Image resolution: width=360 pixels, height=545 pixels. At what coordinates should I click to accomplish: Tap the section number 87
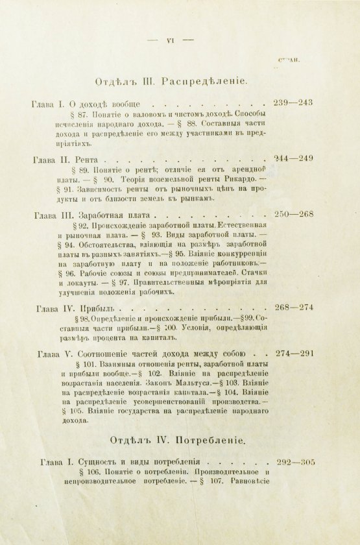point(69,114)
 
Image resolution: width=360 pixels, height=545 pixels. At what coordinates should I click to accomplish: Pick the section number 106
point(72,474)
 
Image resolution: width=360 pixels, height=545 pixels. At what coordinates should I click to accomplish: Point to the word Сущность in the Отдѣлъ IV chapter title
point(100,463)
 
